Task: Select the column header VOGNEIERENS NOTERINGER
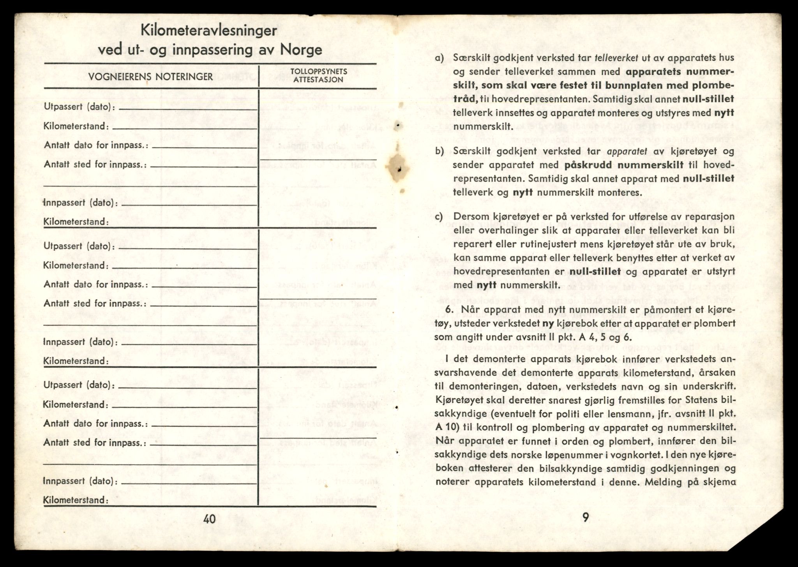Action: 150,77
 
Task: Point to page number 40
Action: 210,519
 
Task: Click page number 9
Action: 586,517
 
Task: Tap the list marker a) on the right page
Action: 440,58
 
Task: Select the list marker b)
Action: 440,151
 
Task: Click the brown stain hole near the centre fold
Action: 397,168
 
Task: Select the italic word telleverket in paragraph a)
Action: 617,58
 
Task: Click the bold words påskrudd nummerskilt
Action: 623,165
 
